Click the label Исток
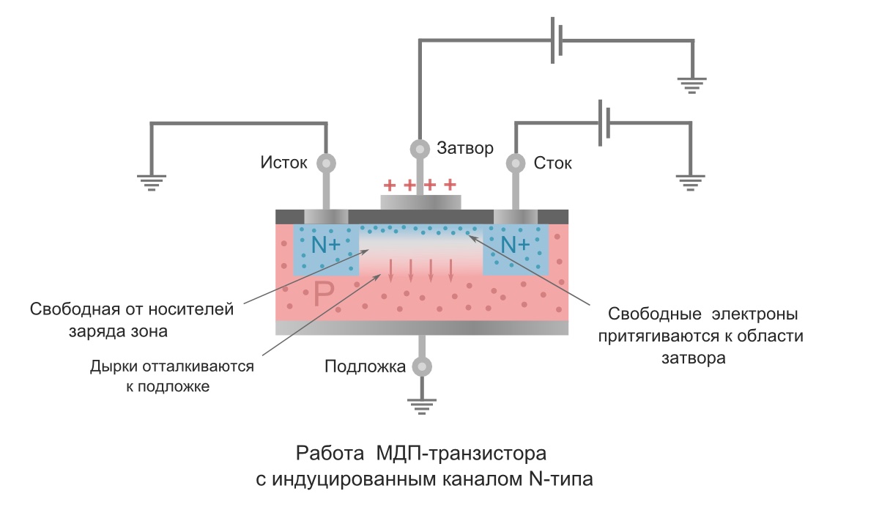[x=283, y=163]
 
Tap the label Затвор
[x=465, y=148]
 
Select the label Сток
[x=552, y=163]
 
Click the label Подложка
[x=365, y=366]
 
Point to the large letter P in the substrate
[x=324, y=294]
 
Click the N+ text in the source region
[x=326, y=245]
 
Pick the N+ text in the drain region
[x=515, y=245]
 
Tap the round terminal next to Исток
[x=326, y=163]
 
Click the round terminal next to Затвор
[x=420, y=150]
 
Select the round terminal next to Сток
[x=516, y=163]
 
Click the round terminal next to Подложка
[x=422, y=366]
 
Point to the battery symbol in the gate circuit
[x=557, y=40]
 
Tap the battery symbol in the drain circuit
[x=604, y=123]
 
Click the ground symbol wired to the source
[x=152, y=183]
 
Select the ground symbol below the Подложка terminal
[x=422, y=407]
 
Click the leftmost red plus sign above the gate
[x=390, y=185]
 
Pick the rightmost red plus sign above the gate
[x=450, y=184]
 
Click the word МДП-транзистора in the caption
[x=461, y=454]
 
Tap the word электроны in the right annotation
[x=754, y=314]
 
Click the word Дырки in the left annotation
[x=114, y=366]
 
